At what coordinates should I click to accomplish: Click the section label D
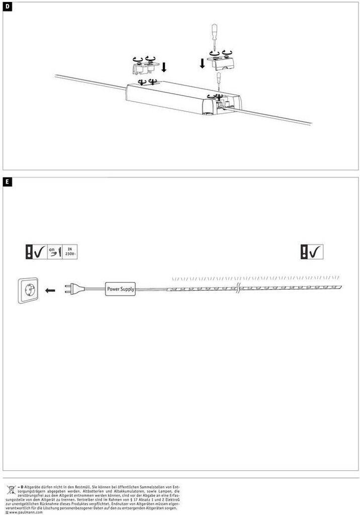pos(7,6)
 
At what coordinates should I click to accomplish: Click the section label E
pos(7,181)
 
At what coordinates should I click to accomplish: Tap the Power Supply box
pos(120,289)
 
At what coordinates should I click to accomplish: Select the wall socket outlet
pos(27,290)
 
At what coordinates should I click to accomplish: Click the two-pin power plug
pos(73,289)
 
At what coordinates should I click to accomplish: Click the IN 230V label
pos(70,251)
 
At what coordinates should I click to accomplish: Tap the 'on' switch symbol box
pos(54,251)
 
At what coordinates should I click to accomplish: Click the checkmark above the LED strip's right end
pos(315,252)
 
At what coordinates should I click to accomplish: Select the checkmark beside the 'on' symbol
pos(40,251)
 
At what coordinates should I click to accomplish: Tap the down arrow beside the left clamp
pos(164,67)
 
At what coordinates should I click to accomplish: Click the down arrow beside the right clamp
pos(202,63)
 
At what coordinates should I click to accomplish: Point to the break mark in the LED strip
pos(237,289)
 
